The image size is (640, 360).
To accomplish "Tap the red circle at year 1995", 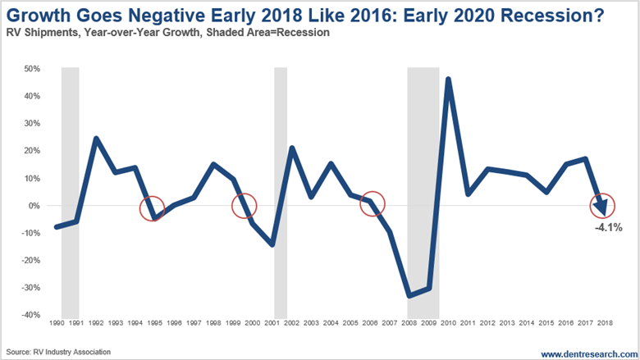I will (x=152, y=208).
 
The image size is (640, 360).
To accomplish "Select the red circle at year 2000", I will (x=244, y=207).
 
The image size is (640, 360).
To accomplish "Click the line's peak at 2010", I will (x=448, y=80).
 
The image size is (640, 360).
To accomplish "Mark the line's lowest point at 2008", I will (x=409, y=296).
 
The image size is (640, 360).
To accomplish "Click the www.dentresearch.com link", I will (x=585, y=352).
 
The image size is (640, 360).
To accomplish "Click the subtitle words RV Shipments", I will (x=36, y=34).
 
